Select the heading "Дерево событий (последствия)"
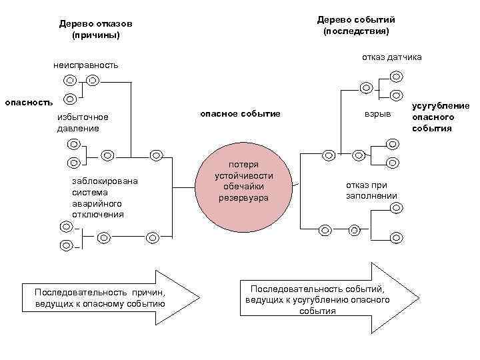(x=355, y=25)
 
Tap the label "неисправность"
(x=86, y=65)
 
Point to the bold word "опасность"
(x=29, y=102)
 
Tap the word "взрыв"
(x=377, y=114)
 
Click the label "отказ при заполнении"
(x=371, y=190)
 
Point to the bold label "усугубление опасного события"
(x=440, y=117)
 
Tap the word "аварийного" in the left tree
(x=98, y=203)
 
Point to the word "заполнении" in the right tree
(x=371, y=195)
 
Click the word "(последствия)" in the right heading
(x=355, y=31)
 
